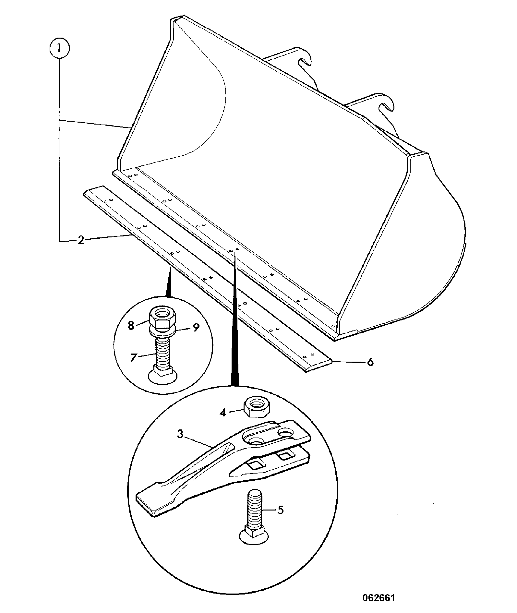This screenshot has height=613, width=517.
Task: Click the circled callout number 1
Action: [59, 49]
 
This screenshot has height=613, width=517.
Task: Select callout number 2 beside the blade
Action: [81, 240]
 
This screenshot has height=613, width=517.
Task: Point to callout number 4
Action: [222, 413]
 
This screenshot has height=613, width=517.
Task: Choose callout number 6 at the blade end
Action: [370, 361]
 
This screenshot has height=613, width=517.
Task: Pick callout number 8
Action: [131, 325]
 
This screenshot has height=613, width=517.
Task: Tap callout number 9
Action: [196, 328]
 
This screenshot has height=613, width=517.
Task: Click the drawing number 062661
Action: [379, 589]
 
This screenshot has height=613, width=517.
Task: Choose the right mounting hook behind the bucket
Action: [383, 107]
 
